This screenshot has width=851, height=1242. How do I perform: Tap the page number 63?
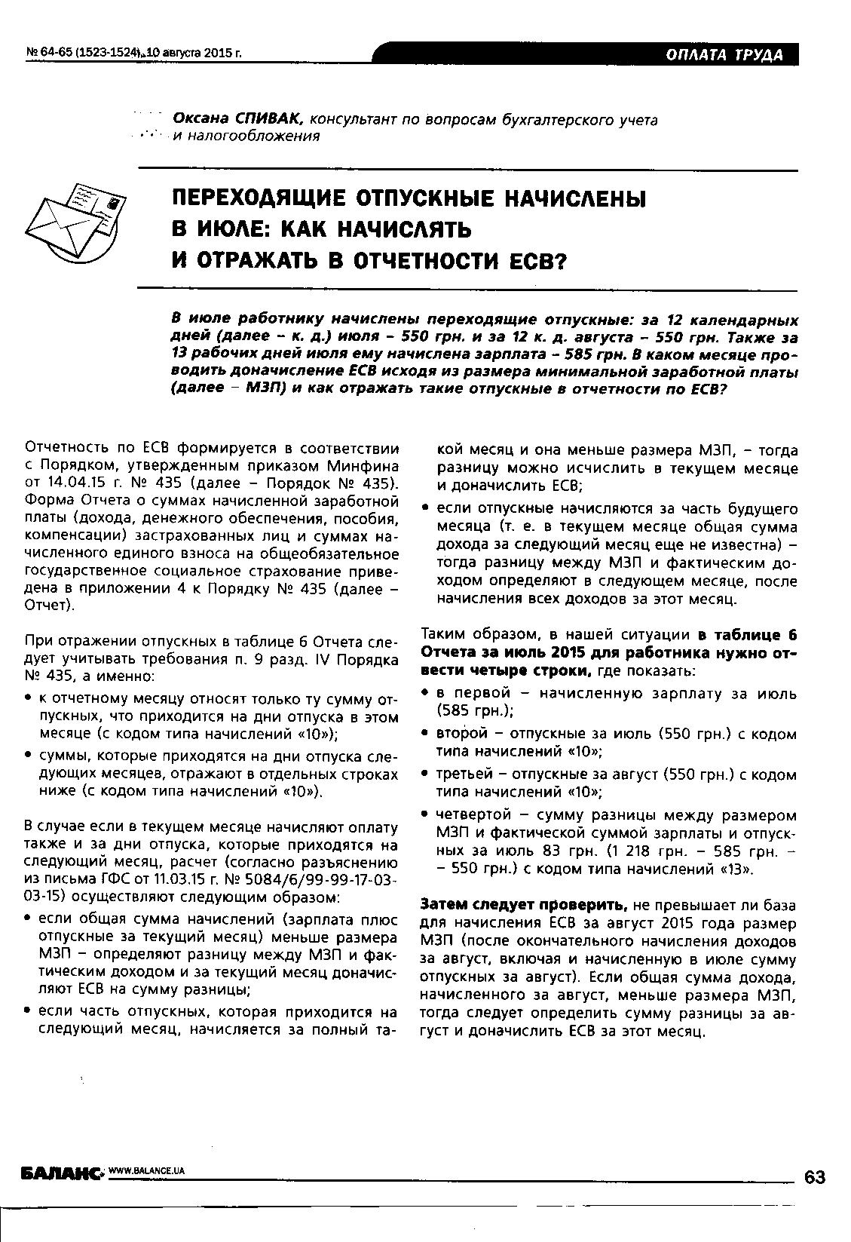[815, 1177]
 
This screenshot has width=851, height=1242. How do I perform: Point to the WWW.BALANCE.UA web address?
[147, 1170]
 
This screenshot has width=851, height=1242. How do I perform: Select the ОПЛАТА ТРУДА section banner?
[724, 54]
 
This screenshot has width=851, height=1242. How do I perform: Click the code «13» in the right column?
[730, 868]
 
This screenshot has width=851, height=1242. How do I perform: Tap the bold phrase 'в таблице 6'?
[746, 634]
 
